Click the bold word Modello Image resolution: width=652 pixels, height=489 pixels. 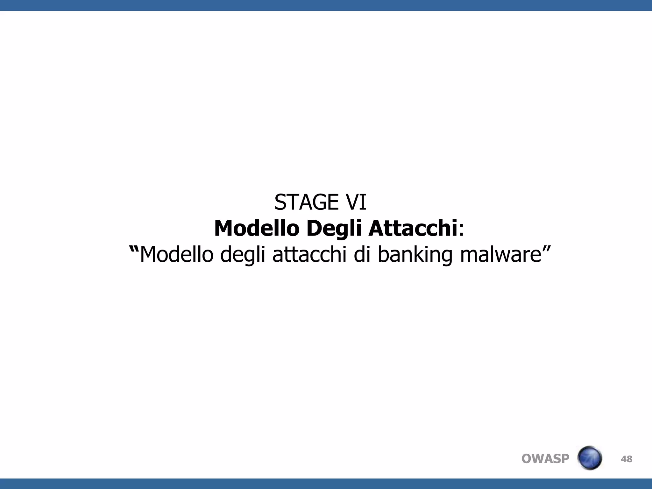pos(257,229)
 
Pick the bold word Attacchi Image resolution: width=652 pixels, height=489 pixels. pos(413,229)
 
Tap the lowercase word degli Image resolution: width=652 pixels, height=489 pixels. pos(243,255)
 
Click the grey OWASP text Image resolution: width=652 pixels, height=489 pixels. pos(545,459)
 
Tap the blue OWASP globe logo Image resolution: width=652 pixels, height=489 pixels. pos(589,458)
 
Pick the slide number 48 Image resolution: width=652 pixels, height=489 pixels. pos(627,459)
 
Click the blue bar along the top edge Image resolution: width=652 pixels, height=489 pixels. pos(326,5)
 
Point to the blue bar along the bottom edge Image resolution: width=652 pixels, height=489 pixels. pos(326,484)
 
